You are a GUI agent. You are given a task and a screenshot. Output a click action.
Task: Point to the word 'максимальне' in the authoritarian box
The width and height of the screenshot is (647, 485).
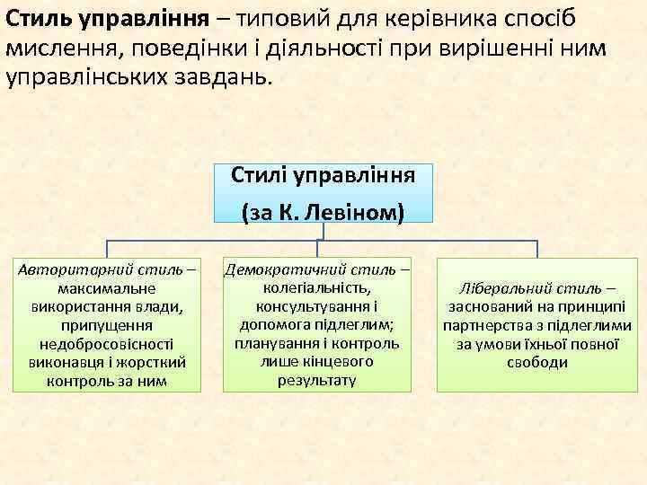(106, 288)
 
